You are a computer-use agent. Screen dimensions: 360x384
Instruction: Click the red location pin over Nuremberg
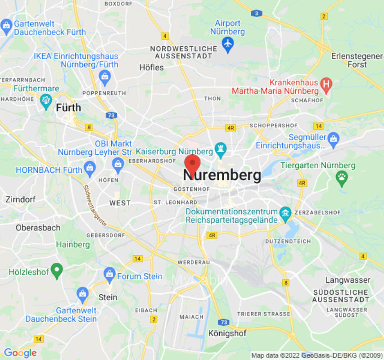point(193,164)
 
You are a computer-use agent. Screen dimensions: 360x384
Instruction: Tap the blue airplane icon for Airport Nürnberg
point(228,44)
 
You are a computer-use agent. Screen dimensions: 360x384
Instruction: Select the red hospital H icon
point(326,83)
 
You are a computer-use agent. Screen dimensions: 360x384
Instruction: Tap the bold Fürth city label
point(68,108)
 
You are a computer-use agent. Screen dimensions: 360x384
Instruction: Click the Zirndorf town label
point(20,199)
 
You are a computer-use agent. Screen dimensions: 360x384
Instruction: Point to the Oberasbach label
point(38,228)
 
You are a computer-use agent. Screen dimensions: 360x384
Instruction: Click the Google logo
point(20,353)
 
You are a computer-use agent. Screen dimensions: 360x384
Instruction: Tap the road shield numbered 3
point(256,13)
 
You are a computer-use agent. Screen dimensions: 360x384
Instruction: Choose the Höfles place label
point(151,67)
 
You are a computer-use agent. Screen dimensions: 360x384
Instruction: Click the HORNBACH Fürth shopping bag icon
point(90,167)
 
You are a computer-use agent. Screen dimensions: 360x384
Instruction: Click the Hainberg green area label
point(73,245)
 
